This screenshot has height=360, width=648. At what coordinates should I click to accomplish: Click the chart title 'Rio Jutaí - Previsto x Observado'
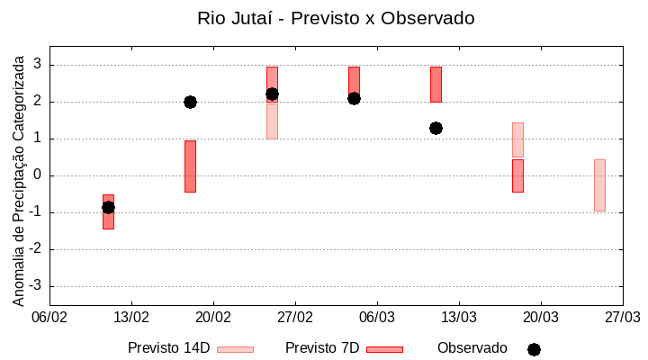(336, 18)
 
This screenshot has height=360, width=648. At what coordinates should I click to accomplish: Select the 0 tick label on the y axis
(38, 175)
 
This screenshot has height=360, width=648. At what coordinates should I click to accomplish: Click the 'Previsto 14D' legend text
(168, 348)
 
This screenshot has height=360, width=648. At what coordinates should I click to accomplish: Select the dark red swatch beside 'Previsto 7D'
(384, 349)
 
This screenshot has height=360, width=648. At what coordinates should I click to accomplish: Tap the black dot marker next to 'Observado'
(534, 349)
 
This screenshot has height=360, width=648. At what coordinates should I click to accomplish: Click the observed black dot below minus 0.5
(108, 207)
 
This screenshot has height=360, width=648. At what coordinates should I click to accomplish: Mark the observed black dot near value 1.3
(436, 128)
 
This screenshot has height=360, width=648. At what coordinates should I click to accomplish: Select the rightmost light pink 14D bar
(599, 184)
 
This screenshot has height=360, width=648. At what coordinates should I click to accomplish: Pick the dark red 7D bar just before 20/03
(517, 175)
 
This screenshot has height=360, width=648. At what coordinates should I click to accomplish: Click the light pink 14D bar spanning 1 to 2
(272, 121)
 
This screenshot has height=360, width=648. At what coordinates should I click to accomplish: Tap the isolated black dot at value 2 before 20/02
(190, 102)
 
